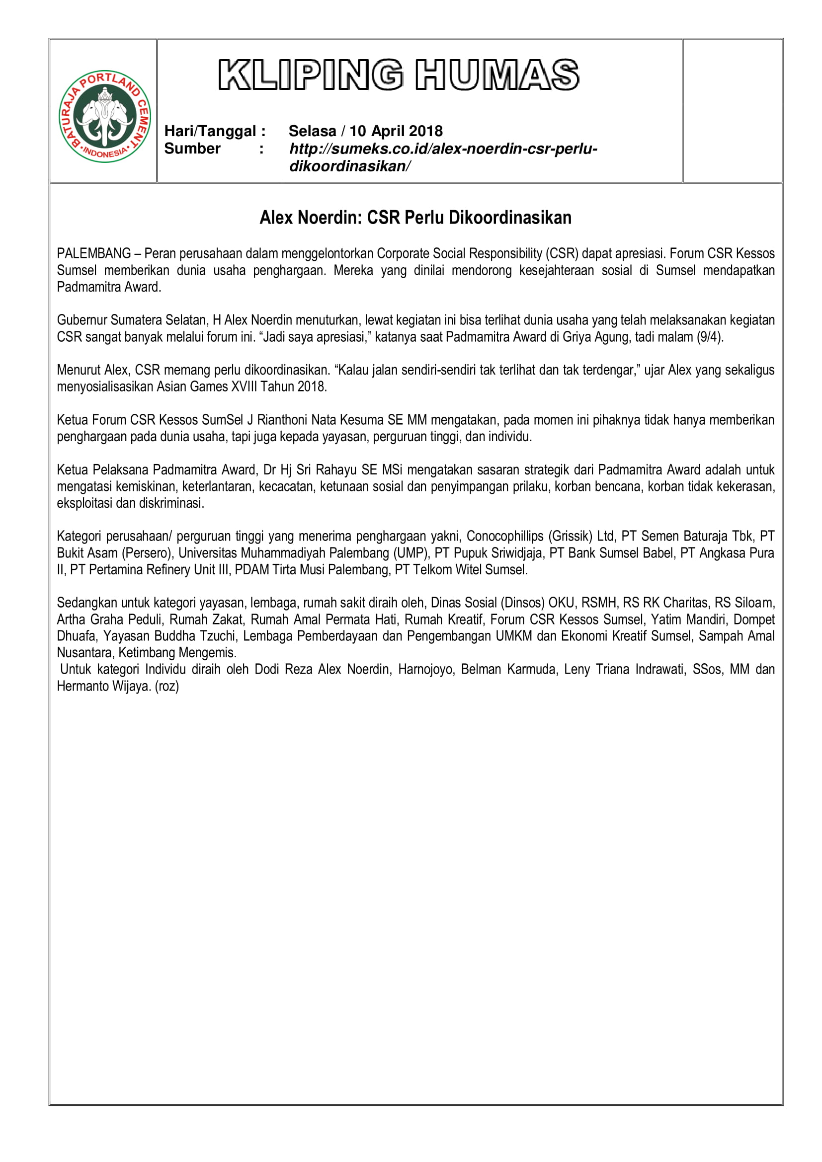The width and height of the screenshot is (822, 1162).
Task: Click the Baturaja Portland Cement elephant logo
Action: (105, 116)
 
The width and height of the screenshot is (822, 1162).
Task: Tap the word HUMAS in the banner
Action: (497, 75)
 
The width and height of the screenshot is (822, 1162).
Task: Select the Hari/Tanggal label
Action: (215, 131)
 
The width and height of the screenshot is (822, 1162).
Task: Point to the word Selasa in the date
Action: (312, 131)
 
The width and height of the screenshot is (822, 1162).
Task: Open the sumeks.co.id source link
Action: (443, 149)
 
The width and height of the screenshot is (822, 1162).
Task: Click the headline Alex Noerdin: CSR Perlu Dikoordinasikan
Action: (415, 218)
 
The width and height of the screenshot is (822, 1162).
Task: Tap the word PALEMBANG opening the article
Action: (93, 253)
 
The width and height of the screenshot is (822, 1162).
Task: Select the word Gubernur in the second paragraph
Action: (82, 320)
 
